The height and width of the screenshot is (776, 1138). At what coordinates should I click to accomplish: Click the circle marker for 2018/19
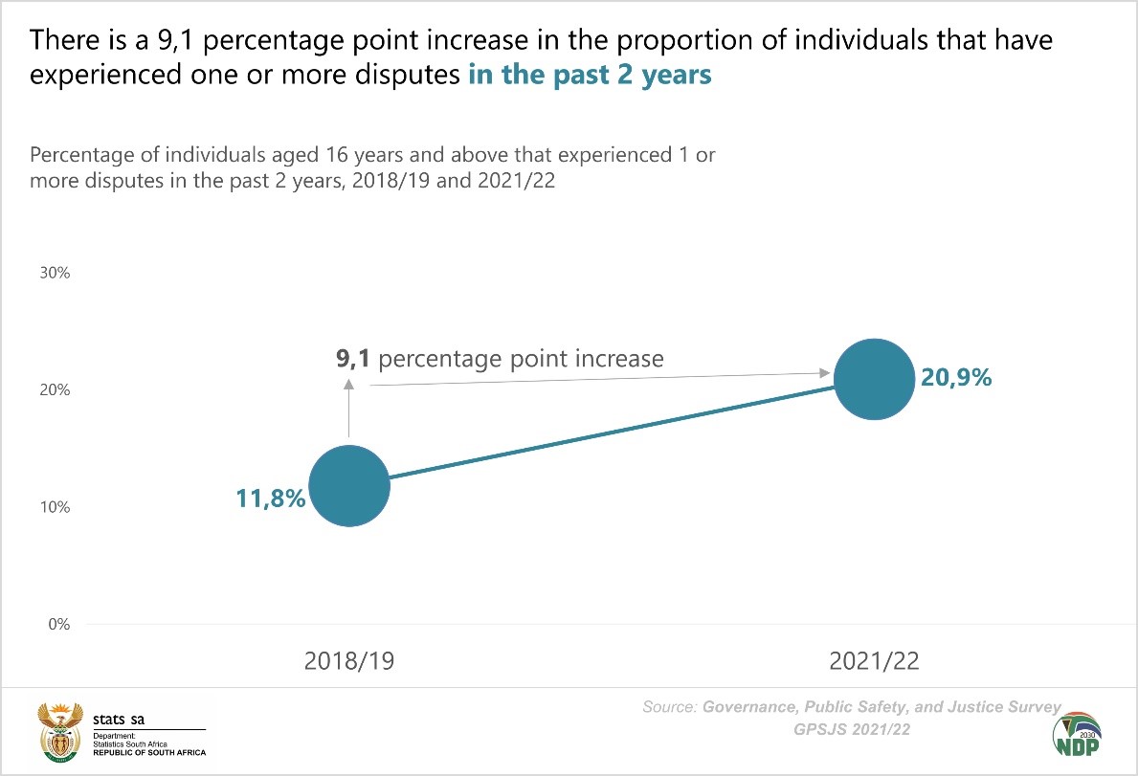coord(349,485)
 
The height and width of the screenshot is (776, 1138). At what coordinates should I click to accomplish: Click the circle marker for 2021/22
coord(873,379)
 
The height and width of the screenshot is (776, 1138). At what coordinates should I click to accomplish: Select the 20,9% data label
coord(956,377)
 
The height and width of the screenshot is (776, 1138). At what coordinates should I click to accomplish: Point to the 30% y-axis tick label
coord(55,273)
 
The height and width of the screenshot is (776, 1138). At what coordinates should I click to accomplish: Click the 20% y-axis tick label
coord(55,390)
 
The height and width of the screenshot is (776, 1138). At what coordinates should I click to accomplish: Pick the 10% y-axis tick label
coord(55,507)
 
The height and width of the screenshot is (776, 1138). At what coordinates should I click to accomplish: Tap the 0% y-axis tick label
coord(58,625)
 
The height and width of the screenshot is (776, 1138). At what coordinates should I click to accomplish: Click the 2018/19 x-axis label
coord(349,661)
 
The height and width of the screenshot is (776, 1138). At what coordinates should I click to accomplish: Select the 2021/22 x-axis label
coord(873,661)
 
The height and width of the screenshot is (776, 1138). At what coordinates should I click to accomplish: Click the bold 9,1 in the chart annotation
coord(353,359)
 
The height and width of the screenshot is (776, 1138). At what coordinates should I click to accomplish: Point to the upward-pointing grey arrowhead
coord(349,384)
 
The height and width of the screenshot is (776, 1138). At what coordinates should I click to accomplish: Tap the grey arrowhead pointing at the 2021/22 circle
coord(823,372)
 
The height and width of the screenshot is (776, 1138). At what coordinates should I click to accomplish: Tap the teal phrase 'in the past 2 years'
coord(590,76)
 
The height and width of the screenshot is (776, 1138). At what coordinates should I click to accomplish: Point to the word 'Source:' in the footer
coord(671,708)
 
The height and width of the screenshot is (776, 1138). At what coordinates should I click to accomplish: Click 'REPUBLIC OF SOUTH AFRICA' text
coord(146,753)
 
